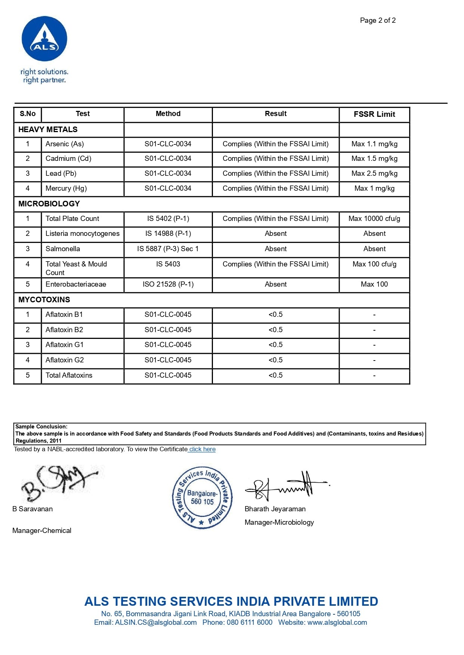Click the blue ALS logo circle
click(44, 39)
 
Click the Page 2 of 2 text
click(378, 21)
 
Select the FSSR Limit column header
click(374, 114)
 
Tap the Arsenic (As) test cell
click(65, 144)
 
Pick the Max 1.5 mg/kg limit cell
click(374, 159)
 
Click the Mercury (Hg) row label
click(66, 188)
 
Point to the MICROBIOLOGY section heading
click(49, 204)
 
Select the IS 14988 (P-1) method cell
click(168, 234)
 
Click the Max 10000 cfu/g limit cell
click(374, 219)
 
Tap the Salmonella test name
click(63, 249)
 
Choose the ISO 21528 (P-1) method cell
click(168, 284)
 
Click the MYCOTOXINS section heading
click(44, 300)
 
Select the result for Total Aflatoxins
click(275, 375)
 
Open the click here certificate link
click(202, 449)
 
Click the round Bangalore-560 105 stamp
click(202, 498)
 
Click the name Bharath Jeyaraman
click(275, 509)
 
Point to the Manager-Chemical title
click(42, 531)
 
